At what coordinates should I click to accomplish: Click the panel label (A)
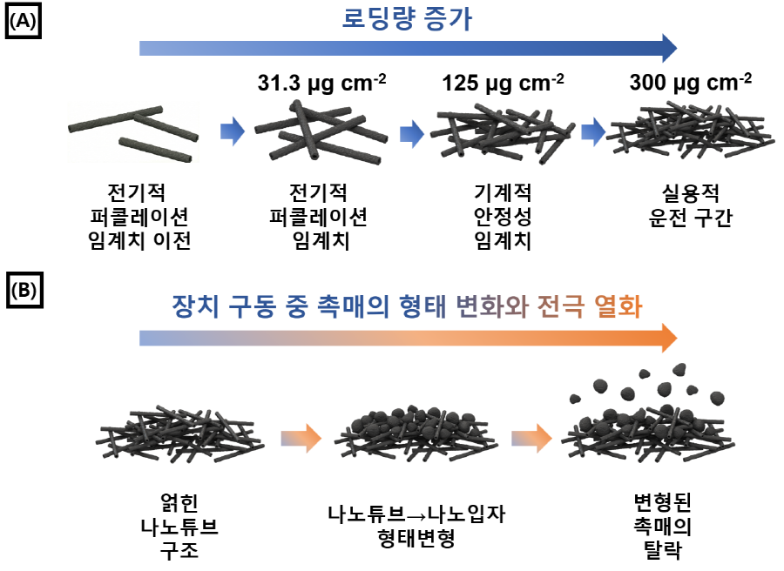23,21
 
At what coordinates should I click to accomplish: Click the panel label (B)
24,290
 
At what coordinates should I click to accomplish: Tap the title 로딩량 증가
407,18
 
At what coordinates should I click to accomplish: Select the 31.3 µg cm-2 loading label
321,83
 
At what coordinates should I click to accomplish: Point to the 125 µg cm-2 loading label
503,83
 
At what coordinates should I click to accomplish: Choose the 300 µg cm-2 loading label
691,83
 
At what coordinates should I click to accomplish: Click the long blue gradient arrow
408,49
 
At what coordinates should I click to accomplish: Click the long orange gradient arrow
408,338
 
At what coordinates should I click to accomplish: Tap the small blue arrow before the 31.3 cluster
233,131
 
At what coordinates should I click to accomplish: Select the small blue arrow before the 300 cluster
593,132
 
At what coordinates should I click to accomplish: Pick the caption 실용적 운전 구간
691,205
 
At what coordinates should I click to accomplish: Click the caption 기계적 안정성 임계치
503,217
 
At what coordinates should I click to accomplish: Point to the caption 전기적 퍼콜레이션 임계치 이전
139,217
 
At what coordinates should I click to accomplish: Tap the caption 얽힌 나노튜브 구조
179,527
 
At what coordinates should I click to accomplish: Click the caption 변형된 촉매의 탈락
663,526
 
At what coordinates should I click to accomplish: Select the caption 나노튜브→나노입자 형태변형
416,526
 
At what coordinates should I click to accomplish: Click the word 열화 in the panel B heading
618,306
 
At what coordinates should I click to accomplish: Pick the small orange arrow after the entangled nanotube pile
301,439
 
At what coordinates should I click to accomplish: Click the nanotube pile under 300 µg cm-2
690,131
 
